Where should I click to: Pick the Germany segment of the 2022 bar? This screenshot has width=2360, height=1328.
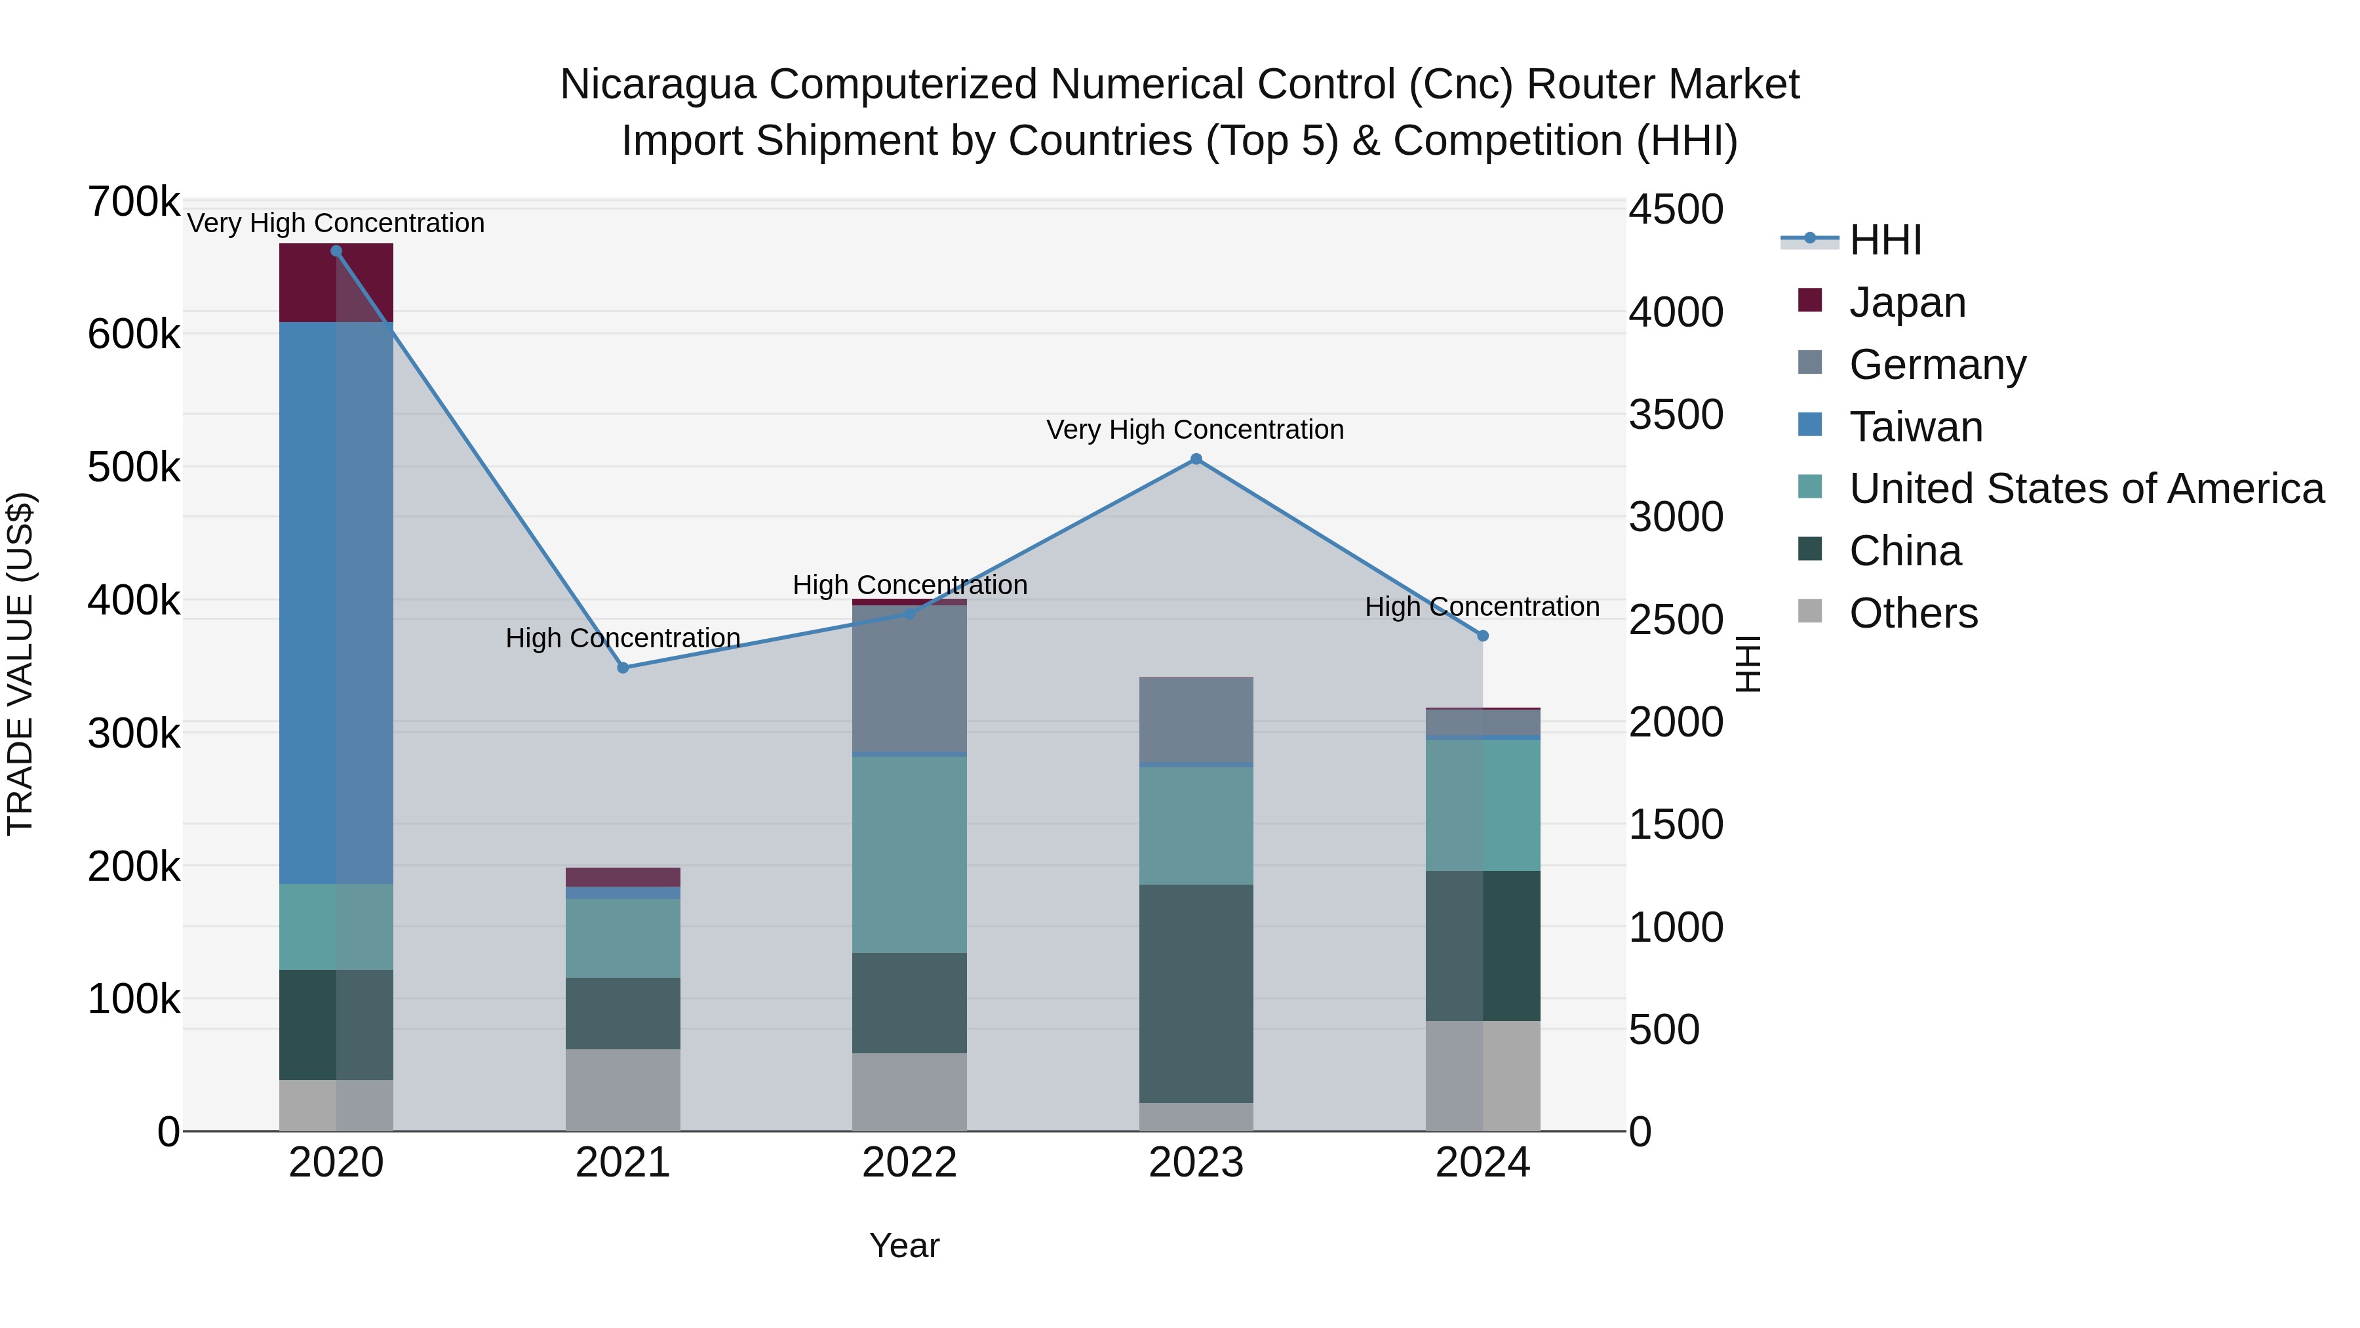click(x=909, y=678)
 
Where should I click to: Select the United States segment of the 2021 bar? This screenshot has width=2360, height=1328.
click(x=622, y=938)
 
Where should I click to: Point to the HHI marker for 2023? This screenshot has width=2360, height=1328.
click(x=1196, y=459)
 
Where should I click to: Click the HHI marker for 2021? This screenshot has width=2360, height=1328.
click(x=623, y=668)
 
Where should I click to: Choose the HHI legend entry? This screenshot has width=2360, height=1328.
click(x=1885, y=240)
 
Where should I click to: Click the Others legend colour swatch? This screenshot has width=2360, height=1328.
click(x=1809, y=611)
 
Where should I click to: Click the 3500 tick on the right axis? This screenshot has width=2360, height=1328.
click(x=1676, y=414)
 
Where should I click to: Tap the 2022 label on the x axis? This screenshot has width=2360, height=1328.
click(x=909, y=1163)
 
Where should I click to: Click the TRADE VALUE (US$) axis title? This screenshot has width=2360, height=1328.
click(x=20, y=664)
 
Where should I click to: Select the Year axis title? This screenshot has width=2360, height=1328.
click(x=904, y=1245)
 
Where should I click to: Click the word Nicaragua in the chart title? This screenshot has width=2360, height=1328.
click(x=658, y=85)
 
